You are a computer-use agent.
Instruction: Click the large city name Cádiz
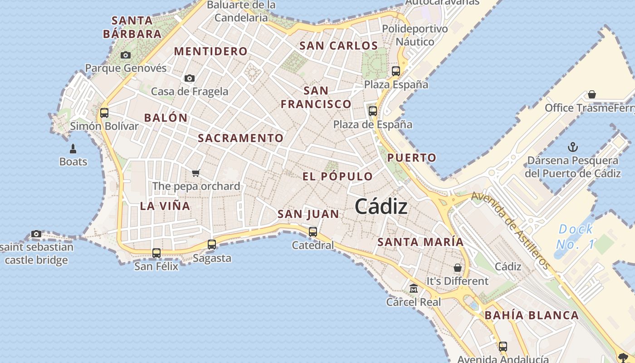pyautogui.click(x=381, y=207)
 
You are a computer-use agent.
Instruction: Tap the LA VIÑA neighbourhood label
pyautogui.click(x=165, y=206)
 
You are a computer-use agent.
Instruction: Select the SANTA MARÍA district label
pyautogui.click(x=420, y=242)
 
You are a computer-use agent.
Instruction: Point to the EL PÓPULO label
pyautogui.click(x=337, y=177)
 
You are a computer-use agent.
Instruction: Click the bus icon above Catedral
pyautogui.click(x=313, y=232)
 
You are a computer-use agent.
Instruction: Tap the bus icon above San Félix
pyautogui.click(x=156, y=253)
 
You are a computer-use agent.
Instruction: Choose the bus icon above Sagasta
pyautogui.click(x=212, y=245)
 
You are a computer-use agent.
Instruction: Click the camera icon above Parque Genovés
pyautogui.click(x=126, y=55)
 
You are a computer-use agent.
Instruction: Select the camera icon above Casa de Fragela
pyautogui.click(x=190, y=78)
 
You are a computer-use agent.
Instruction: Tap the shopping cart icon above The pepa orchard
pyautogui.click(x=196, y=173)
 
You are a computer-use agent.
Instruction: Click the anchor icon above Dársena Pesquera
pyautogui.click(x=573, y=147)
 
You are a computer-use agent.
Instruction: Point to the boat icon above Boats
pyautogui.click(x=73, y=148)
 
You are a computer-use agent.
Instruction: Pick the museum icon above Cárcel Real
pyautogui.click(x=414, y=288)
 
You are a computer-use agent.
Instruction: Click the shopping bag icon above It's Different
pyautogui.click(x=458, y=268)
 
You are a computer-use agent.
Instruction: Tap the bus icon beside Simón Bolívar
pyautogui.click(x=104, y=113)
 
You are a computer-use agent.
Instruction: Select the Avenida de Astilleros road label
pyautogui.click(x=511, y=230)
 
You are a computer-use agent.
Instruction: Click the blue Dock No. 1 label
pyautogui.click(x=575, y=236)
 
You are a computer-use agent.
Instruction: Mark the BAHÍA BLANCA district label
pyautogui.click(x=532, y=315)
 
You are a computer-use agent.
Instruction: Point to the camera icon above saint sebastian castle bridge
pyautogui.click(x=36, y=234)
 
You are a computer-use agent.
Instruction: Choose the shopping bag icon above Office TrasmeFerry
pyautogui.click(x=591, y=94)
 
